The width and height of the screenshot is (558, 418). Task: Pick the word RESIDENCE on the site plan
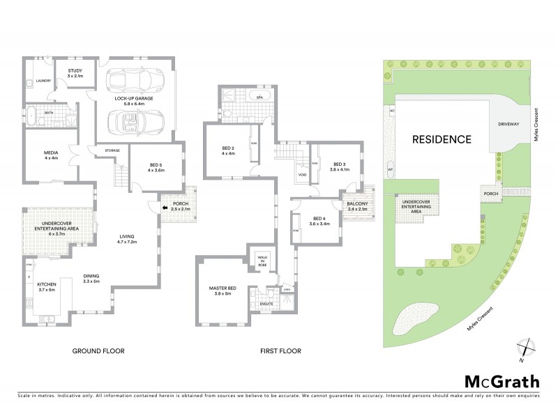pyautogui.click(x=440, y=139)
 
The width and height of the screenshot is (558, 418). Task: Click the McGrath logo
pyautogui.click(x=501, y=381)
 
